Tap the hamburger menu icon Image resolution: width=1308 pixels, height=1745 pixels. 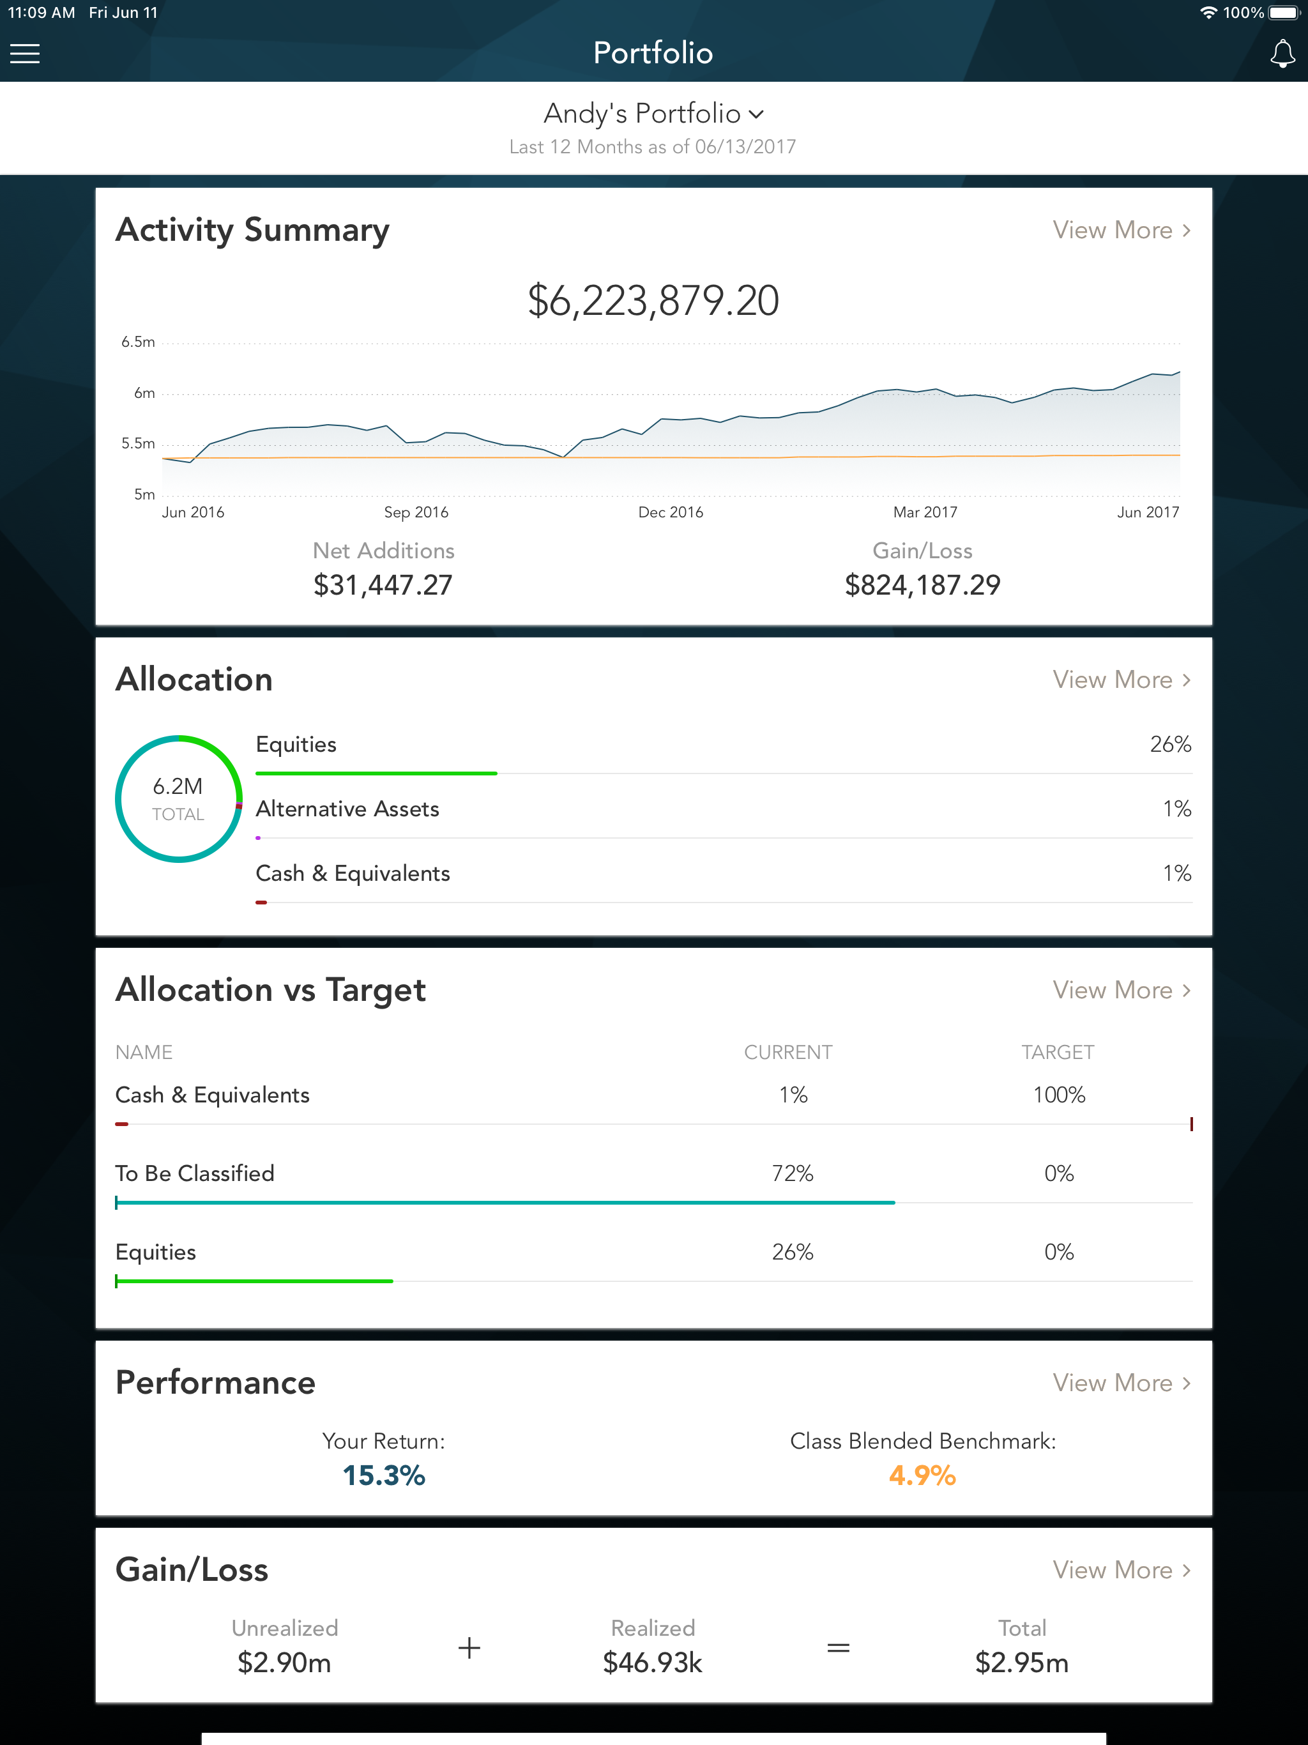click(x=24, y=53)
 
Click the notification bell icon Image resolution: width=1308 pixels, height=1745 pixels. click(x=1282, y=54)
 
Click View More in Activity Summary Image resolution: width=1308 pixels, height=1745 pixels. click(x=1121, y=231)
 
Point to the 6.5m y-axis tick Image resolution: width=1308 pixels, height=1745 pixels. click(x=138, y=342)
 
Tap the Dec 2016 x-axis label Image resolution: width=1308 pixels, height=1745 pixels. click(x=671, y=512)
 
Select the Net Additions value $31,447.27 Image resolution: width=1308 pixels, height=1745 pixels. click(x=383, y=585)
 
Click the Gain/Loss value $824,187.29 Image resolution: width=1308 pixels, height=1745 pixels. click(x=922, y=585)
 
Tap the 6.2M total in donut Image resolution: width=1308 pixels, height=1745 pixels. click(x=178, y=786)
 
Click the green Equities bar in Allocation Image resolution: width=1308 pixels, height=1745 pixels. click(x=376, y=773)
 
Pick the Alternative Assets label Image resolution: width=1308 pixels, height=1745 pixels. click(x=347, y=809)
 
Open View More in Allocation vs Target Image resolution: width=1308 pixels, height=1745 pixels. click(x=1121, y=990)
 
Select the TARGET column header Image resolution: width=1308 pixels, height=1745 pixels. click(x=1057, y=1053)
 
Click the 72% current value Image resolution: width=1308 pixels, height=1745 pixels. click(x=792, y=1173)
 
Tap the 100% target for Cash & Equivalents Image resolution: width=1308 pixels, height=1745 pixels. click(x=1059, y=1095)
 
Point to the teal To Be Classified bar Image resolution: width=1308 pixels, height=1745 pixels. click(x=505, y=1202)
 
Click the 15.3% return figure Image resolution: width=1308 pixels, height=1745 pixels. click(x=383, y=1475)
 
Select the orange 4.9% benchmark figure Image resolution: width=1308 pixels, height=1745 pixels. click(x=922, y=1475)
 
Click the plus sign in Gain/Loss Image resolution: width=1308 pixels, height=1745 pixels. click(x=469, y=1648)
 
